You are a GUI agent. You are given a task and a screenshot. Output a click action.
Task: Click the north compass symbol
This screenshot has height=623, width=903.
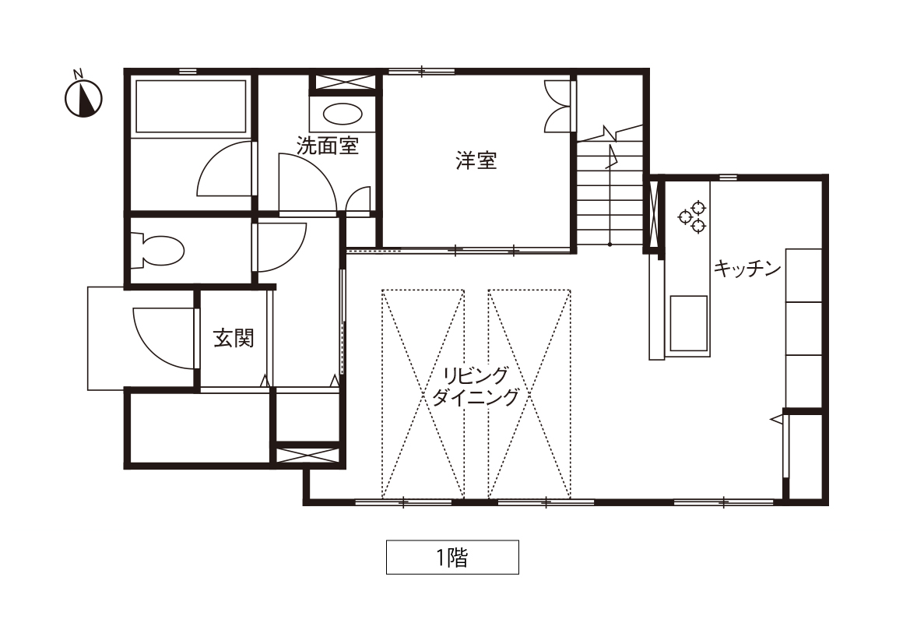[x=83, y=97]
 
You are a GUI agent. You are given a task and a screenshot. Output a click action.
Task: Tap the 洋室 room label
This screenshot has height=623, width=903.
[x=476, y=160]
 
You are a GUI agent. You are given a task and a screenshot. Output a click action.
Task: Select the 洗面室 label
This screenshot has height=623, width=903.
[x=328, y=145]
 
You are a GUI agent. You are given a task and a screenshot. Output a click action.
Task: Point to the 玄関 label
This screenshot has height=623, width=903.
[x=234, y=338]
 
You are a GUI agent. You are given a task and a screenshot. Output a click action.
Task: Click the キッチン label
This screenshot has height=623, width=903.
[x=747, y=269]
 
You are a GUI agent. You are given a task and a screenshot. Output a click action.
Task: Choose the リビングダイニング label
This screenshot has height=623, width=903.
[x=476, y=386]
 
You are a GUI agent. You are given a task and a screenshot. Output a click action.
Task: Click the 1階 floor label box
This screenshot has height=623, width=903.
[x=452, y=558]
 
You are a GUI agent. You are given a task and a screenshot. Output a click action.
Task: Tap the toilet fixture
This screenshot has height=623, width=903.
[x=157, y=251]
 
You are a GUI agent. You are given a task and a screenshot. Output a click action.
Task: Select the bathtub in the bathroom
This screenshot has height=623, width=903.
[x=191, y=106]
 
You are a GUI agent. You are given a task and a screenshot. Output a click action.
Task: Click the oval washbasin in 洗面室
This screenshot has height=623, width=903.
[x=343, y=114]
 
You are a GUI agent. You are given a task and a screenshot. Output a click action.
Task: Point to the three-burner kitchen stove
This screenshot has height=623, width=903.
[x=692, y=216]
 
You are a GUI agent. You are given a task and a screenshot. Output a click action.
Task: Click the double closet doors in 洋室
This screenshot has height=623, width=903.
[x=558, y=106]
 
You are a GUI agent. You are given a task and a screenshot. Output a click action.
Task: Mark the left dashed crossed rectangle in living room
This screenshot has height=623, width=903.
[x=423, y=393]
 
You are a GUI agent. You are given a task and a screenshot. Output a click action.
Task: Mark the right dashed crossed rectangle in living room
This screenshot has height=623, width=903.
[x=529, y=393]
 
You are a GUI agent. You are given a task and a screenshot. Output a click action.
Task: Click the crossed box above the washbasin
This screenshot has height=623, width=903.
[x=343, y=82]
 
